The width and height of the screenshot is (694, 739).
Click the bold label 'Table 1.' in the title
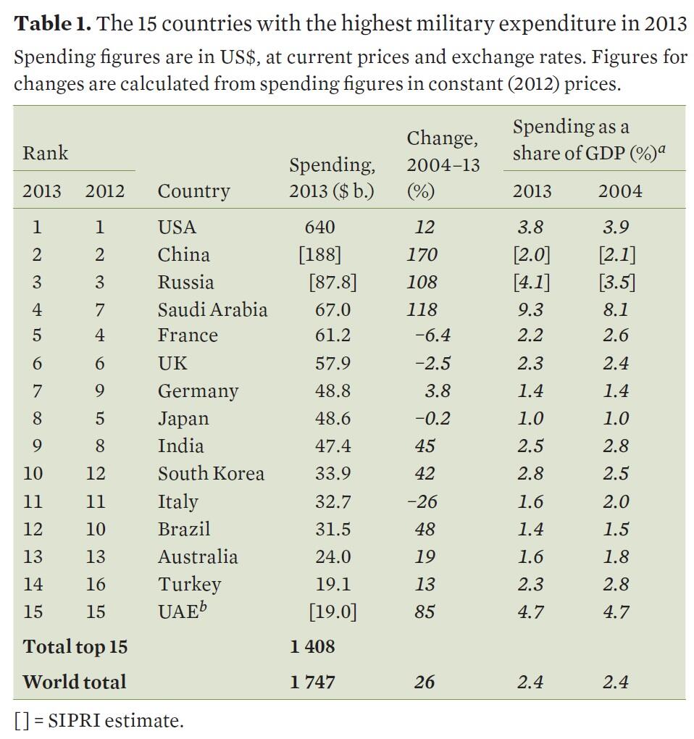53,23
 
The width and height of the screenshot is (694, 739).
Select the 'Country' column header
193,191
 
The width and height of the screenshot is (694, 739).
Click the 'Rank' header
45,153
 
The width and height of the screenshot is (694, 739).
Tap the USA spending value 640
319,227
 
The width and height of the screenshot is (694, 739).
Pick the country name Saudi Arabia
212,309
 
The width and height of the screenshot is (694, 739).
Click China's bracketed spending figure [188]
319,254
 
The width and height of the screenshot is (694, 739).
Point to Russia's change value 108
422,282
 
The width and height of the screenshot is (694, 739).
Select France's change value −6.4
433,335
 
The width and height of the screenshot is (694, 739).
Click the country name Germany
198,391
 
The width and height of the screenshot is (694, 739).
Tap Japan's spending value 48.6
333,419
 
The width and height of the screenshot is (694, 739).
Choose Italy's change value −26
422,501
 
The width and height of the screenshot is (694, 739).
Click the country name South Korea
211,474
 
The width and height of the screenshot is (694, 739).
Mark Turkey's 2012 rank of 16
95,584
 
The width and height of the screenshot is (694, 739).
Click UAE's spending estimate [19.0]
333,611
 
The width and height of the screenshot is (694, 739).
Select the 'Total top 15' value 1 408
312,646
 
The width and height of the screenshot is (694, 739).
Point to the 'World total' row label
74,682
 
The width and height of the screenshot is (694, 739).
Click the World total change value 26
425,682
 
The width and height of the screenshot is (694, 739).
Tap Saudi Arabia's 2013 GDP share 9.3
530,309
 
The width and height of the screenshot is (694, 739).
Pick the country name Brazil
184,529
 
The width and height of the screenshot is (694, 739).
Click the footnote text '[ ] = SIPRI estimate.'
99,721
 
